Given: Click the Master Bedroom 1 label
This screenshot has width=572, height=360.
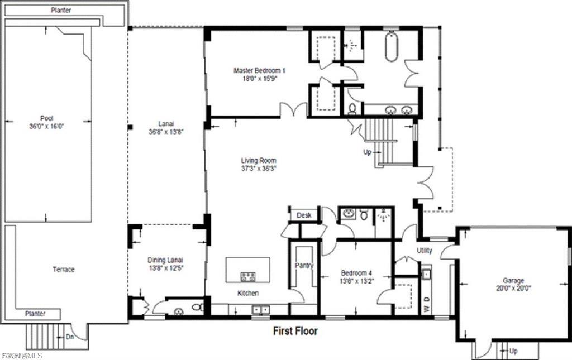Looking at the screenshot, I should [259, 70].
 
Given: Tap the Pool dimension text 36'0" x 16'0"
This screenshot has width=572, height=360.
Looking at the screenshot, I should [47, 127].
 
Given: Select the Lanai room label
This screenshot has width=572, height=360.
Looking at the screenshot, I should [166, 124].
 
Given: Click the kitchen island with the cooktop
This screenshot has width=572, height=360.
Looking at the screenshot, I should [247, 270].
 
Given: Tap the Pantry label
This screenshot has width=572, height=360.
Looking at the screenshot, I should [304, 266].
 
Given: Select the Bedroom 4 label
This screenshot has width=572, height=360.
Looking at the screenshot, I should [356, 273].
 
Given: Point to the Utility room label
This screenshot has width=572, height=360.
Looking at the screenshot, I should [425, 251].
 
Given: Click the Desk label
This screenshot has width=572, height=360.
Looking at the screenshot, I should [304, 215].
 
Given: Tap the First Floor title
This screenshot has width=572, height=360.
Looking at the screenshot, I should [295, 331].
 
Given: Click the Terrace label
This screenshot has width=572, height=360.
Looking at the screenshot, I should [64, 270].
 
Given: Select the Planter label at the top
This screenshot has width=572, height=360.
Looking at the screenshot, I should [61, 10].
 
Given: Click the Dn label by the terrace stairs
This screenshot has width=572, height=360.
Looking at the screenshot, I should [70, 337].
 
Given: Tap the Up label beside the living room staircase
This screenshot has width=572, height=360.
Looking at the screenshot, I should [368, 151].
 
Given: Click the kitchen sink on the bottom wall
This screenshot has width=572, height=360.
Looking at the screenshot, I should [260, 309].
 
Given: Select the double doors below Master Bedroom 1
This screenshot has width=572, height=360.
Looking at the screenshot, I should [293, 111].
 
